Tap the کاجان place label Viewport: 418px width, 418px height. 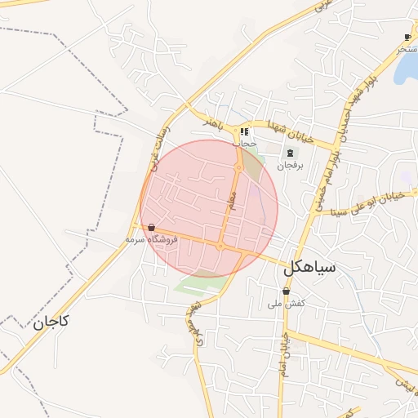point(51,322)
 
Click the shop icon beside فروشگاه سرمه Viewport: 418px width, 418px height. point(152,228)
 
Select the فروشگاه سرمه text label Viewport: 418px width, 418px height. point(152,240)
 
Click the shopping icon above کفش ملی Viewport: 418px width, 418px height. point(286,291)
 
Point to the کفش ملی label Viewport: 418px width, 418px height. point(286,303)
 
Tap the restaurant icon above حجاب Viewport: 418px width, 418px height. point(244,131)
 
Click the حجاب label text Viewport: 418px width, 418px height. point(244,143)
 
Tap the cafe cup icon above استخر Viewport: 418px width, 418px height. point(407,38)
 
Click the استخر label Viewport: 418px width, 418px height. point(407,49)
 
